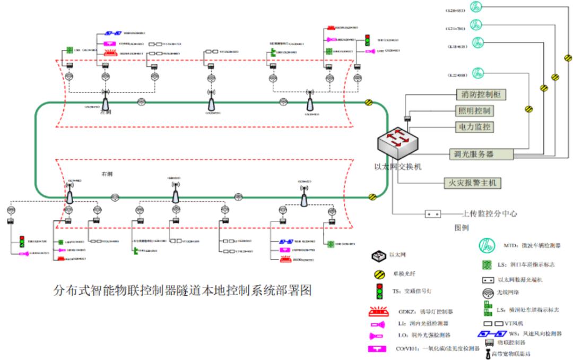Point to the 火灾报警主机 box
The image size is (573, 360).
click(x=472, y=184)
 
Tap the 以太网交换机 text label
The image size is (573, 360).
click(x=398, y=167)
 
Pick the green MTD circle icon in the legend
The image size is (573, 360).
click(x=487, y=245)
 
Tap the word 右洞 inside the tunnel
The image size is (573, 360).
click(x=108, y=174)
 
